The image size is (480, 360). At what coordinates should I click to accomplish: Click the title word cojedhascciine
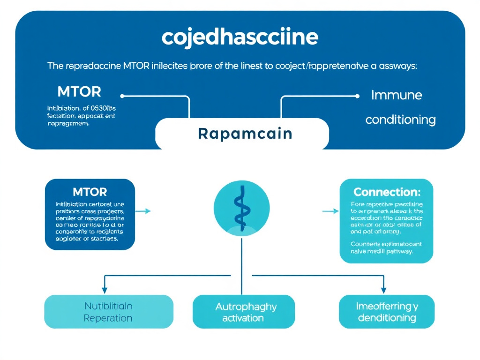click(240, 37)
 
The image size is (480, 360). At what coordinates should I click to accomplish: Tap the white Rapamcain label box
click(242, 134)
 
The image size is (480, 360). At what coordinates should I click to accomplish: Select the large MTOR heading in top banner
click(79, 91)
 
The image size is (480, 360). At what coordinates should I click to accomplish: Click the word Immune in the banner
click(397, 96)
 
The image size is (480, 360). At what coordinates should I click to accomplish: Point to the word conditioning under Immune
click(400, 120)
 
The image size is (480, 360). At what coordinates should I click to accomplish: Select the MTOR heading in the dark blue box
click(90, 192)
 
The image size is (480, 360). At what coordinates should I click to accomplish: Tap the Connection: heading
click(387, 192)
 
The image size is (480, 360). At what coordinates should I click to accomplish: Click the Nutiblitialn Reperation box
click(108, 312)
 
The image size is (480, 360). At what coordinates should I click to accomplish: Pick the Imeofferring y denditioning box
click(387, 312)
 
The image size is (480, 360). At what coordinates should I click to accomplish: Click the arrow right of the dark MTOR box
click(146, 211)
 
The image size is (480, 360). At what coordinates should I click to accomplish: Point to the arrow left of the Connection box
click(330, 211)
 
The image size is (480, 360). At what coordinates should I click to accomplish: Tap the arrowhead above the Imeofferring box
click(383, 290)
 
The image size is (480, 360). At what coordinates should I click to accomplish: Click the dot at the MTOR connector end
click(122, 96)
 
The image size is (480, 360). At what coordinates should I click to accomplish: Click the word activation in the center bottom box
click(243, 318)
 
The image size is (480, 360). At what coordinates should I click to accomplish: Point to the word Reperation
click(108, 318)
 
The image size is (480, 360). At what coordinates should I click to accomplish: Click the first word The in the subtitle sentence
click(54, 66)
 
